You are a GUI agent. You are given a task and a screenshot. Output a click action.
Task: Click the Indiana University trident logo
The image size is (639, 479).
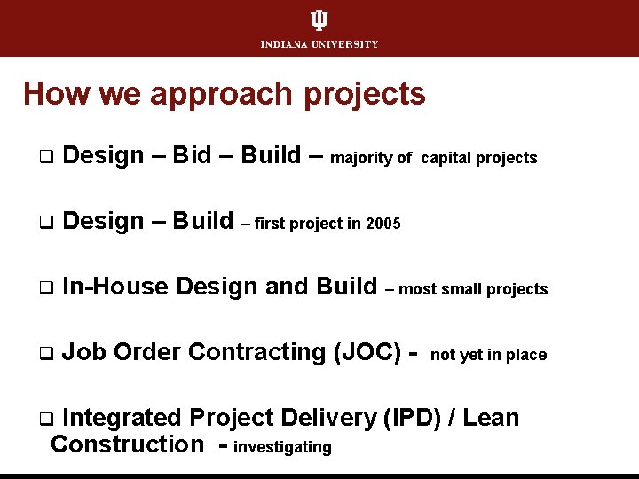pos(319,21)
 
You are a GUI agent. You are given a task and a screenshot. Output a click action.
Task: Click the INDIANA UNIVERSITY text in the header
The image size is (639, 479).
pos(319,44)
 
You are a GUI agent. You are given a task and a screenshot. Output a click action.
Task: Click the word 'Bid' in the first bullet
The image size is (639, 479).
pos(192,155)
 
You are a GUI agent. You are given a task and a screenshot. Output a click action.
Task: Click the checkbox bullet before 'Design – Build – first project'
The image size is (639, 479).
pos(43,222)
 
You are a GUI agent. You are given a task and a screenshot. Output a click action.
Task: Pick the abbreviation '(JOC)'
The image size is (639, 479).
pos(368,352)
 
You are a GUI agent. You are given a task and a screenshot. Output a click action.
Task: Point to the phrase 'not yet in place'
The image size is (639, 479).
pos(488,355)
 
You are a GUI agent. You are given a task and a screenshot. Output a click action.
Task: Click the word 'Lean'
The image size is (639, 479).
pos(490,418)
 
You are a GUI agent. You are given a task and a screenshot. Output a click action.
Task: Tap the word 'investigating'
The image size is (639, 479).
pos(282,447)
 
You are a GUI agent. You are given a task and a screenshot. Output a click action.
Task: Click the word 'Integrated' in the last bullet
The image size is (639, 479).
pos(123,418)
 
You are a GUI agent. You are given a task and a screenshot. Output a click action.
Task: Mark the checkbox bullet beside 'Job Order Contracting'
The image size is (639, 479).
pos(43,353)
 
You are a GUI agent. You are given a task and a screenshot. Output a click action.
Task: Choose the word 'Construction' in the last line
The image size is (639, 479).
pos(127,444)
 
